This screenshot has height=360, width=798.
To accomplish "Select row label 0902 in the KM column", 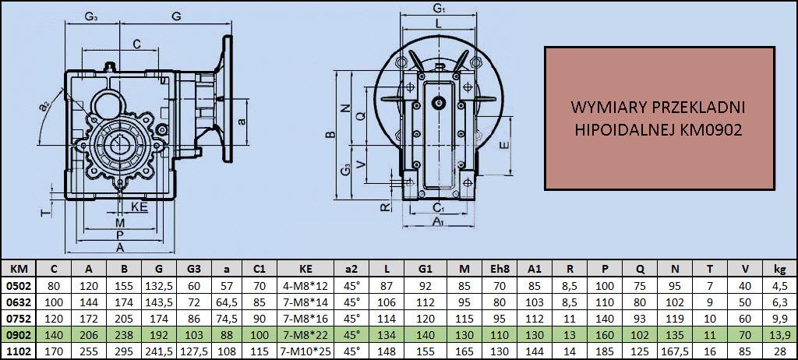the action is pos(18,334).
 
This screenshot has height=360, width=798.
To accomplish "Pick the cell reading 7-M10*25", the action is pos(305,351).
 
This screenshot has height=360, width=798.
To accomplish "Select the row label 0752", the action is pos(18,318).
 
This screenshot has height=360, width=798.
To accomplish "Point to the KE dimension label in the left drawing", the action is pos(139,206).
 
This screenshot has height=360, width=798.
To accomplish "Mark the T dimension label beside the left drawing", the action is pos(44,211).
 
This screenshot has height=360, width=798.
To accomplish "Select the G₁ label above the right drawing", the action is pos(438,8).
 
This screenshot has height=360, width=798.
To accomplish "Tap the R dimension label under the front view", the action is pos(386,206).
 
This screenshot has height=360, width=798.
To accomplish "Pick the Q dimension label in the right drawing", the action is pos(360,115).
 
